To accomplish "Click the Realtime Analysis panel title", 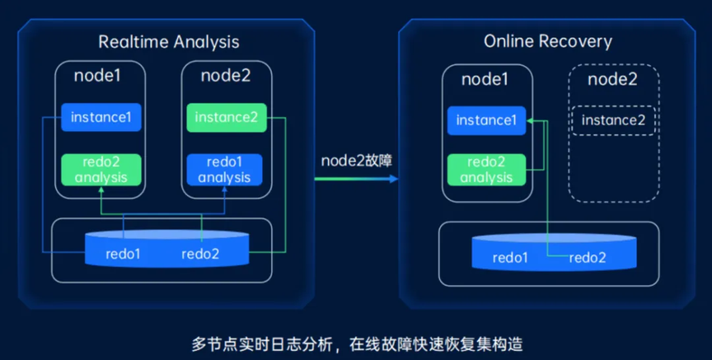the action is tap(168, 42).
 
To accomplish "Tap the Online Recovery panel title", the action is tap(548, 42).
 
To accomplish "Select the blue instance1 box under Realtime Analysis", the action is tap(101, 117).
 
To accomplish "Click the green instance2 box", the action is tap(226, 118).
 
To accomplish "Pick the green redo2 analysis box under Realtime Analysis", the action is tap(101, 170).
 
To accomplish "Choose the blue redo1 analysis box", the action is tap(224, 170).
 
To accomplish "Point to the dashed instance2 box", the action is tap(613, 120).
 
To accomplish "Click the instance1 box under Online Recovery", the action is tap(486, 120).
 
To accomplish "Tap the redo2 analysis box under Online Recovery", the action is tap(486, 170).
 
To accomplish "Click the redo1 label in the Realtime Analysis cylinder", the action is tap(123, 254).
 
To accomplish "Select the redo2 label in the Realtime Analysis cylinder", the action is tap(200, 254).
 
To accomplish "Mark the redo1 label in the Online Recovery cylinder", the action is tap(510, 258).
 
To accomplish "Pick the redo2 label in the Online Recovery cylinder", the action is tap(588, 258).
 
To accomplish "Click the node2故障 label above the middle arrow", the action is tap(357, 161).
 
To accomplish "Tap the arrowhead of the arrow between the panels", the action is tap(394, 179).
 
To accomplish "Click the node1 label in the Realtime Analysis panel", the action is tap(97, 75).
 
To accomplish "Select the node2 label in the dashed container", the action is tap(612, 79).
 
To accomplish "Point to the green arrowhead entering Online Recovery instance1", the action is tap(529, 121).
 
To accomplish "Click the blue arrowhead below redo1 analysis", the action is tap(224, 189).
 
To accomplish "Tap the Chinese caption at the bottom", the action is tap(357, 344).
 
